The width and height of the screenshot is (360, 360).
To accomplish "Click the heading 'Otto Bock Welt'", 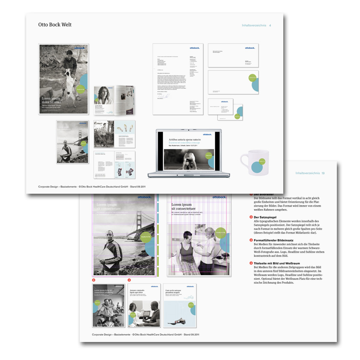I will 55,25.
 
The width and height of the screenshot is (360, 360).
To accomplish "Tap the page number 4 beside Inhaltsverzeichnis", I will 270,26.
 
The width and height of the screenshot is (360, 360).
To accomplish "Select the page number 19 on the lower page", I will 323,173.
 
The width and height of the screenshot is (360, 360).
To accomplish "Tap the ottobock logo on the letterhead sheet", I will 195,48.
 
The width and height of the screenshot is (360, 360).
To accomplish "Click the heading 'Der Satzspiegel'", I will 267,217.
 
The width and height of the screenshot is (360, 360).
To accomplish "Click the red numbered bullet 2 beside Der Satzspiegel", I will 251,217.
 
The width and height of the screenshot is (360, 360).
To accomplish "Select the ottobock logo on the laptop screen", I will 207,135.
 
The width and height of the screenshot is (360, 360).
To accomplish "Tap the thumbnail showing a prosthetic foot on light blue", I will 180,306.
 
